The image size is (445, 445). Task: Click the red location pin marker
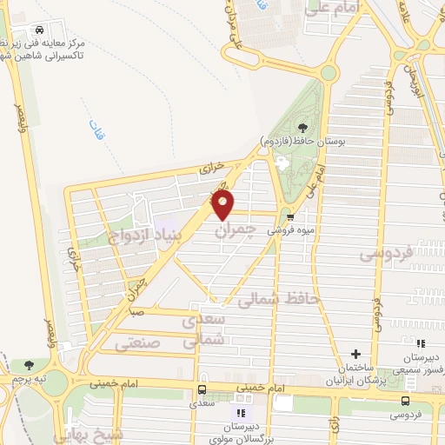223,205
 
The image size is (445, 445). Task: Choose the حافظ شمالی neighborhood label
279,301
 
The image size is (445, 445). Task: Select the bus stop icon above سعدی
202,390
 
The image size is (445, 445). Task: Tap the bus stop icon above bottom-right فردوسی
405,400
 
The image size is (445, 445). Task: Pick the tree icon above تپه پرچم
30,365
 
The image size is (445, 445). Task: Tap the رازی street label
335,425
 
